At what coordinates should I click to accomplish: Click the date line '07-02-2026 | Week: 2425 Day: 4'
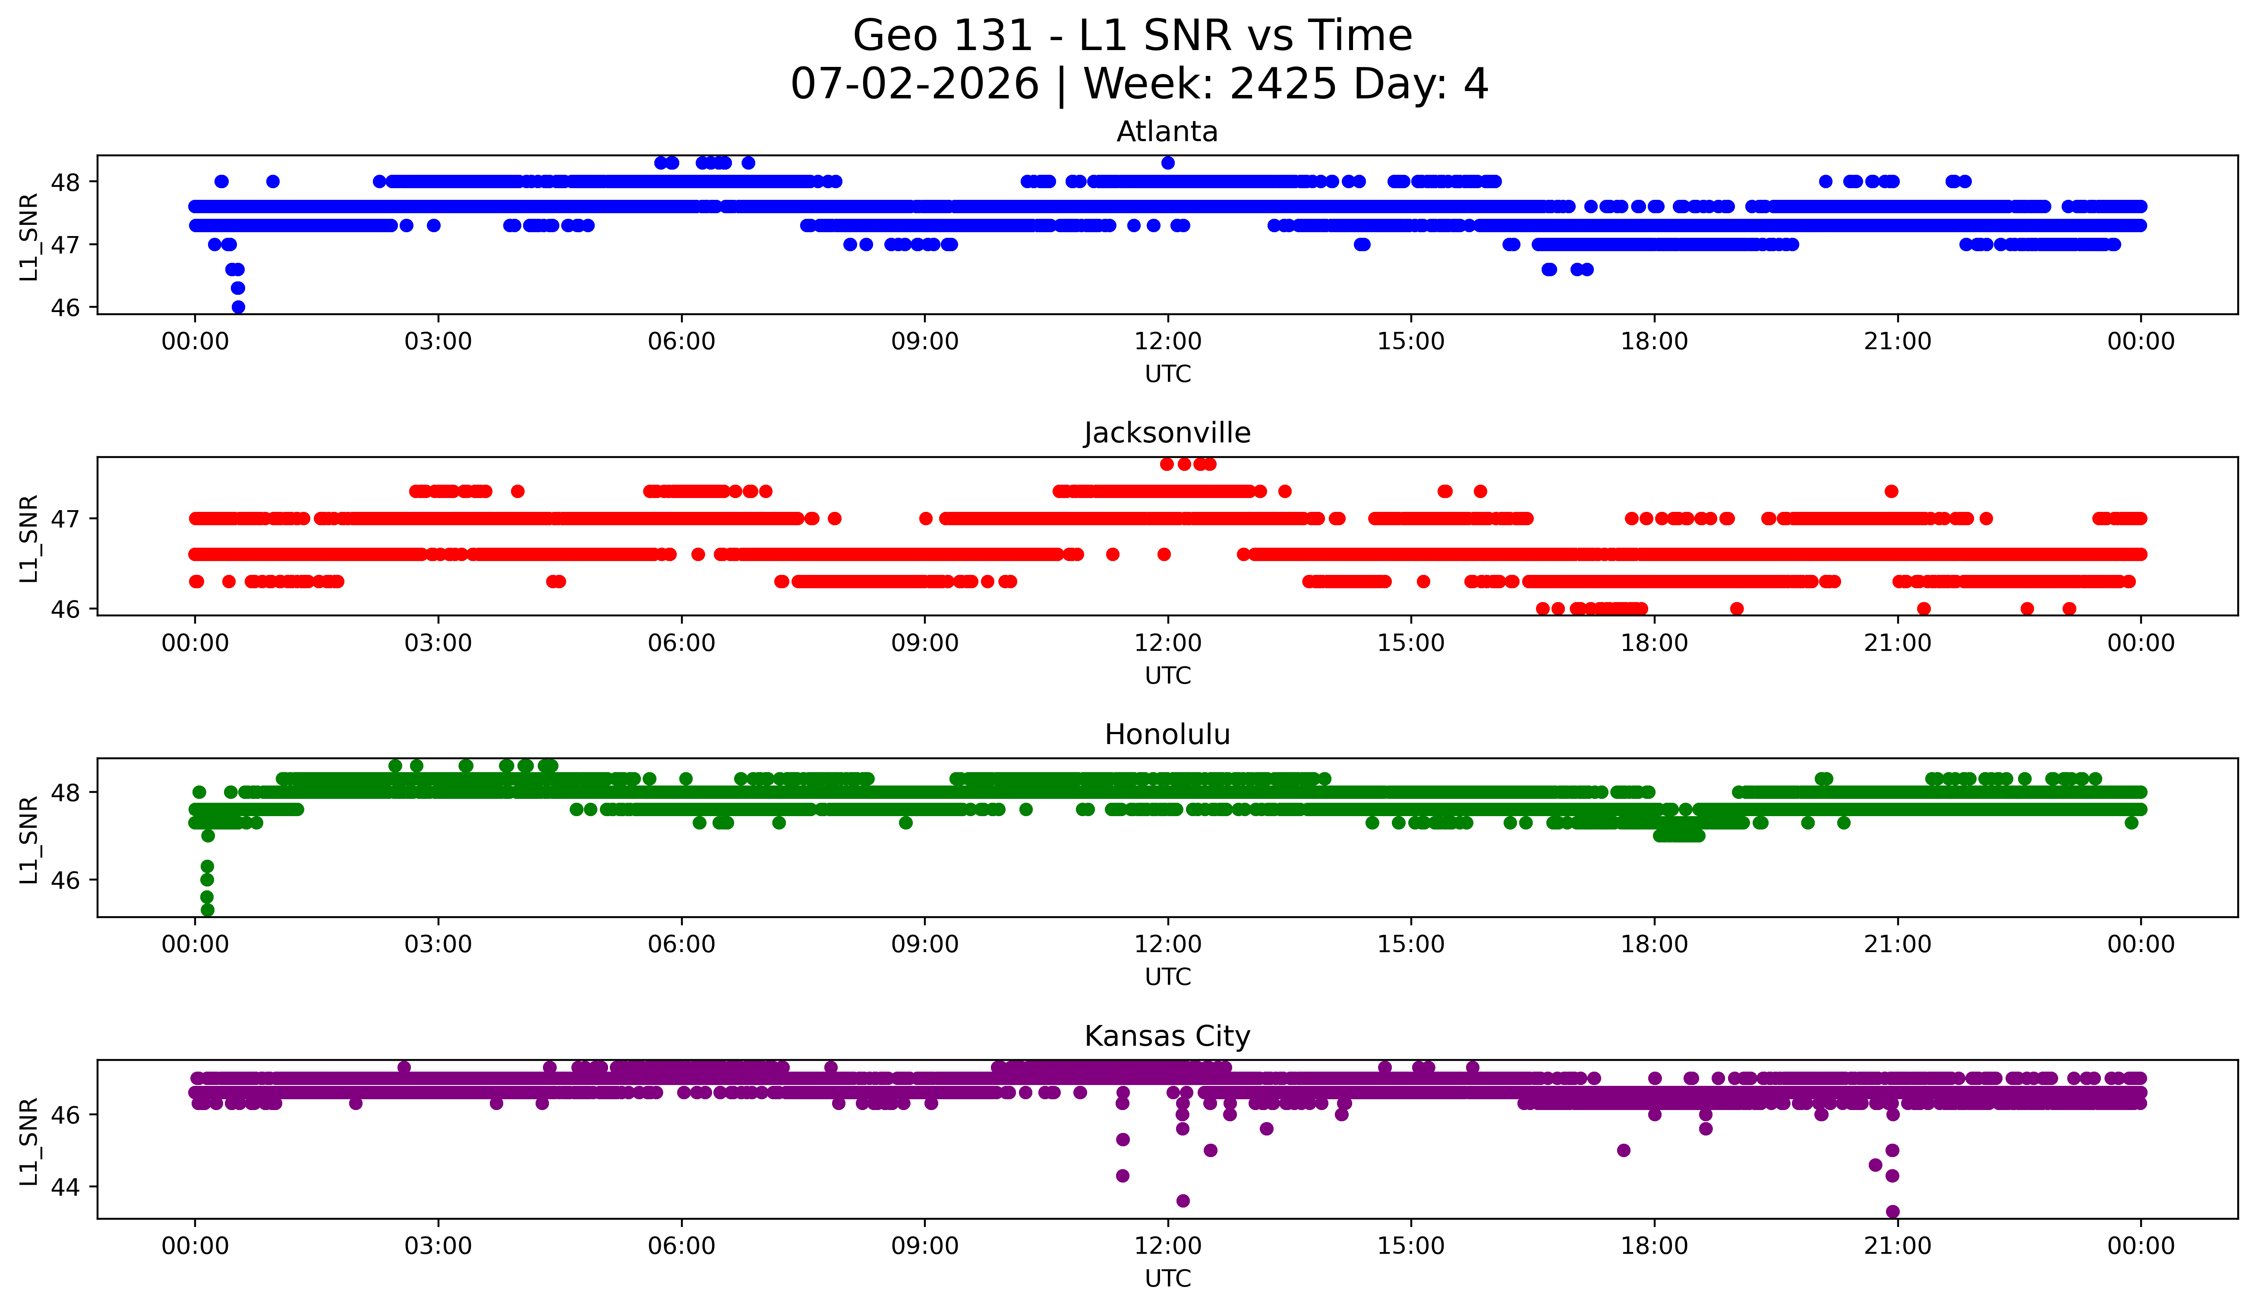pos(1139,84)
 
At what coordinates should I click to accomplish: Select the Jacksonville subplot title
pos(1167,433)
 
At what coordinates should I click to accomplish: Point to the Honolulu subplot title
pos(1167,735)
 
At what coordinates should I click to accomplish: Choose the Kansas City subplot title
pos(1167,1036)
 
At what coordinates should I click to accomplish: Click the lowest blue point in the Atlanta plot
pos(238,307)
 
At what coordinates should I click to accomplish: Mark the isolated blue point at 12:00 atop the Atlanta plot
pos(1168,163)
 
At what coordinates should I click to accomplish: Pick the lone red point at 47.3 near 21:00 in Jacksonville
pos(1891,491)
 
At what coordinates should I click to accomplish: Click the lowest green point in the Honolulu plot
pos(208,910)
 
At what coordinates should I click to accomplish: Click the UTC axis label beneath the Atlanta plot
pos(1168,374)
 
